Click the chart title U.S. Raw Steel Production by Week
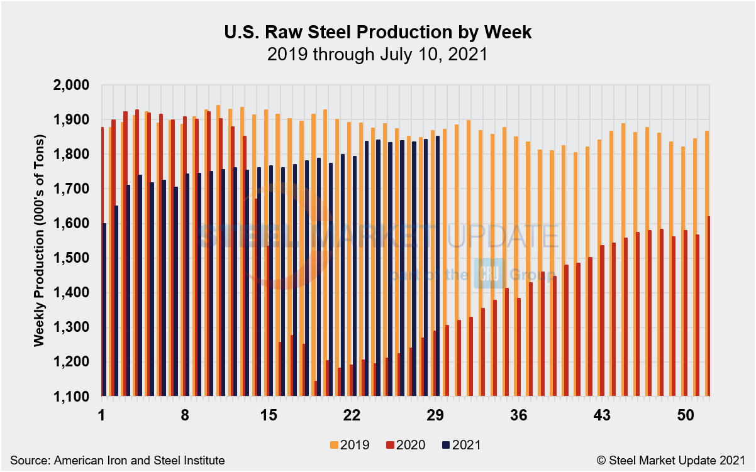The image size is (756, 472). pos(377,33)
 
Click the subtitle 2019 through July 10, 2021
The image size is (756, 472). pos(377,54)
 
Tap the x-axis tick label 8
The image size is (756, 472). pos(185,415)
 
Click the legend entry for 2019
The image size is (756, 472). pos(349,445)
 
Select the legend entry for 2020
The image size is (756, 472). pos(404,445)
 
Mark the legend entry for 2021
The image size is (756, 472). pos(459,445)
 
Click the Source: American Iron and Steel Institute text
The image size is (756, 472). pos(117,460)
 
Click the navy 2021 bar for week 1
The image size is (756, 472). pos(104,309)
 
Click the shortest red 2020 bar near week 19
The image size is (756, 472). pos(316,388)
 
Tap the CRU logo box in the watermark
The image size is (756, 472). pos(486,273)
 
